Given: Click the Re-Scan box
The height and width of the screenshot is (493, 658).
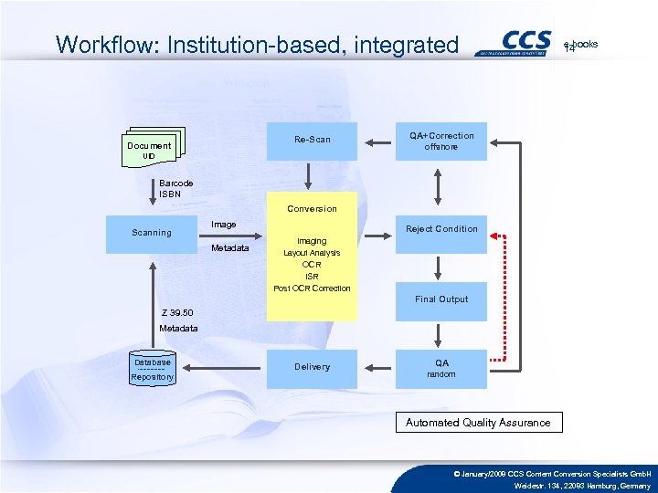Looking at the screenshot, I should (312, 141).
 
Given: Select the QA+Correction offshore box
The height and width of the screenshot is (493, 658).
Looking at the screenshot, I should (441, 142).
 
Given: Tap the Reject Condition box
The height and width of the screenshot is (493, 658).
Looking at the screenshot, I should (441, 229).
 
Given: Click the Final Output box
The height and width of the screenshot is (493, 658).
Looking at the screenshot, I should (441, 299).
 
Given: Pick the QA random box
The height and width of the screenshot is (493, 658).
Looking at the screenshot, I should (441, 367).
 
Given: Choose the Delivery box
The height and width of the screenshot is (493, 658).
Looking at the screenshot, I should (312, 367).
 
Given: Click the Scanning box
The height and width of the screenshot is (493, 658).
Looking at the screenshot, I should (152, 233).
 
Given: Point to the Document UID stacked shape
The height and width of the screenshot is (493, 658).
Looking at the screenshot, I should (151, 149).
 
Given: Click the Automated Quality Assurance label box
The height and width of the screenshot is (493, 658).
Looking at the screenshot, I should (478, 423).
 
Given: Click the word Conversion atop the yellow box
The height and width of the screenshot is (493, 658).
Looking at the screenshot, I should (312, 209).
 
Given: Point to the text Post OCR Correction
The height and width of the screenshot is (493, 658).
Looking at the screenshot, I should (312, 288).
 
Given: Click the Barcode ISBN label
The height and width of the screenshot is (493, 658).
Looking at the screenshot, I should (175, 188).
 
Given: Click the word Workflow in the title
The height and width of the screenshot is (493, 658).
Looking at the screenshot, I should (95, 44).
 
